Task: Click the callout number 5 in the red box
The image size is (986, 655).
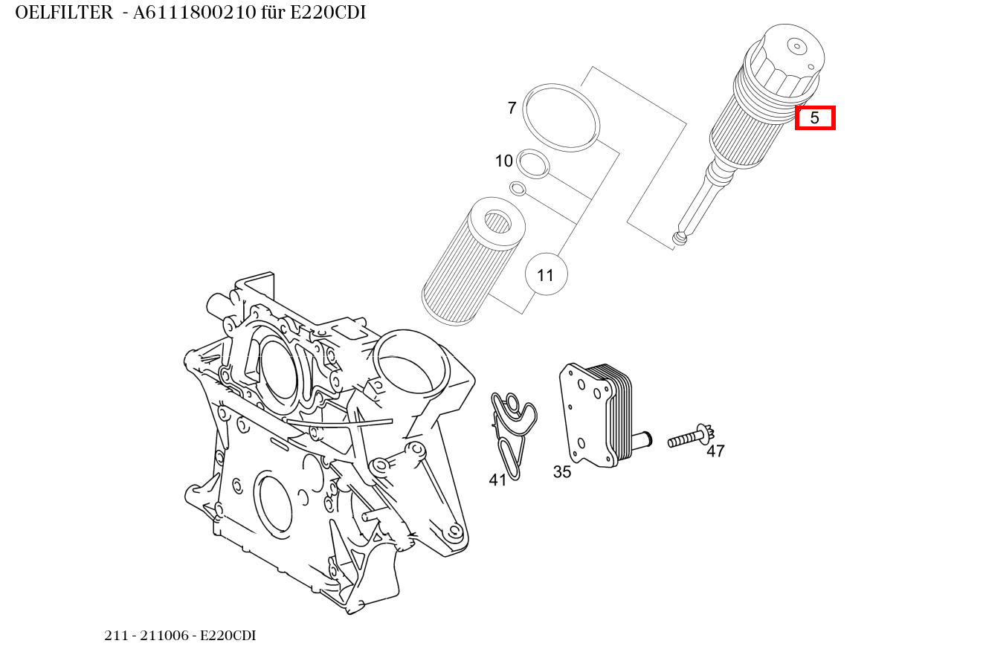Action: (x=815, y=118)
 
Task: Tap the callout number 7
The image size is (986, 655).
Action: (x=512, y=109)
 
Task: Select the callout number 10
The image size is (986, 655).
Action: (x=503, y=161)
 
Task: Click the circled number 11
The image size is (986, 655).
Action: (x=546, y=275)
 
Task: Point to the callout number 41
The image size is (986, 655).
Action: (x=497, y=480)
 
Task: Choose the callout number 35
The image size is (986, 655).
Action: (x=562, y=471)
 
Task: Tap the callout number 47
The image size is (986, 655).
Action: (x=715, y=451)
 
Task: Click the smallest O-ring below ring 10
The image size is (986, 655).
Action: (x=518, y=188)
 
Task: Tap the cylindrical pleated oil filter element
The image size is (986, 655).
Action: (x=472, y=264)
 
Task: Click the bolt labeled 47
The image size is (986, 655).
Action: (x=688, y=438)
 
